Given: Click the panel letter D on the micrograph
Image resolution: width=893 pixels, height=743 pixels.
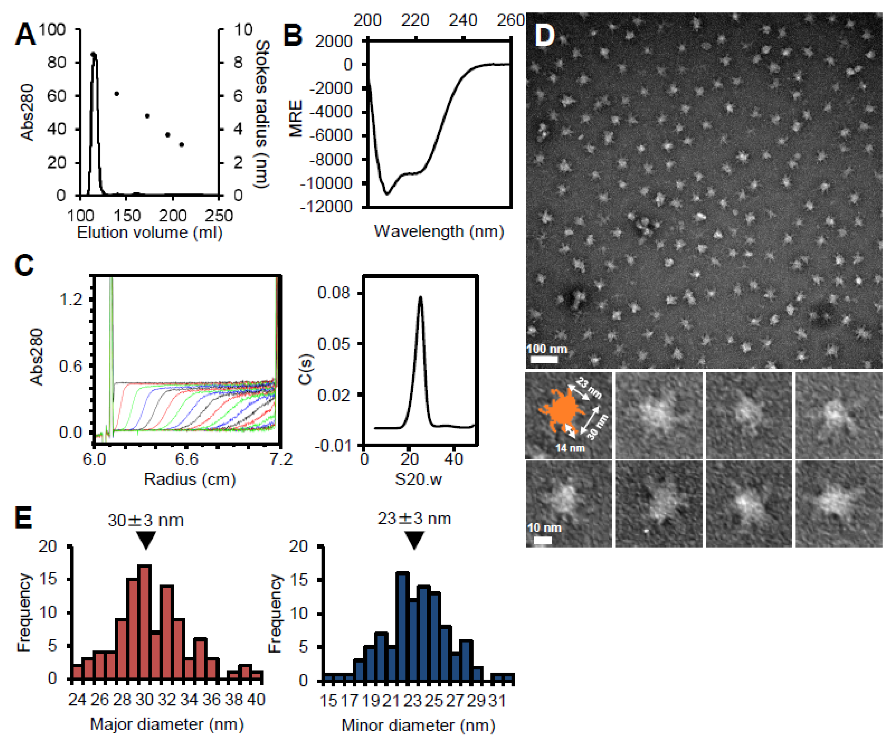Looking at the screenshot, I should [545, 35].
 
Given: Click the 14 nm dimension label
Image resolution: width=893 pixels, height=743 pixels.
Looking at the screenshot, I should [570, 448].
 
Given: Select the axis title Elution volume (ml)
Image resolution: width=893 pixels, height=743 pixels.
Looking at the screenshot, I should [150, 233].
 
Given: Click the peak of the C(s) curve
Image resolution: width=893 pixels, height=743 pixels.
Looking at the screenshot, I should [420, 297].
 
